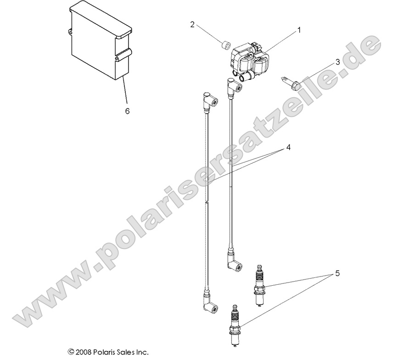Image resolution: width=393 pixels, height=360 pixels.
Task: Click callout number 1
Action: coord(299,30)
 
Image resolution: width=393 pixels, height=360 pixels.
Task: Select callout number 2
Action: coord(192,24)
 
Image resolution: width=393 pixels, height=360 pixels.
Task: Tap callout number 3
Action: coord(337,62)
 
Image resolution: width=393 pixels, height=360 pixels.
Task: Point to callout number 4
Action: coord(289,147)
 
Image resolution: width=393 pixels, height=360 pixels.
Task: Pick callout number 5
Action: coord(337,274)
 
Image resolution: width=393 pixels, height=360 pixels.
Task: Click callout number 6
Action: coord(128,111)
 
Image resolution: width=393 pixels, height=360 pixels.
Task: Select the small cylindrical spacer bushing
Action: coord(225,46)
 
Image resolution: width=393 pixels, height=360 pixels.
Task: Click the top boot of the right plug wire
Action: coord(233,86)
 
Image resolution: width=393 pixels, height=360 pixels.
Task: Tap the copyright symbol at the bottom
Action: coord(71,352)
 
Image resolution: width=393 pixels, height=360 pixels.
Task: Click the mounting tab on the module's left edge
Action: coord(71,32)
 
